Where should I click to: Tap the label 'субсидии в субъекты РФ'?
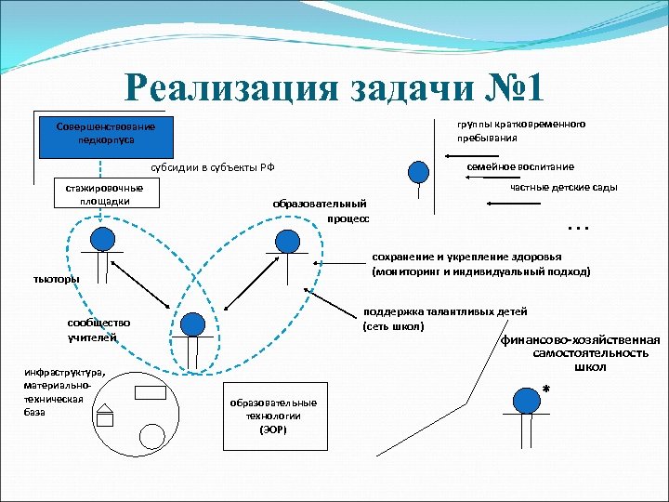(213, 167)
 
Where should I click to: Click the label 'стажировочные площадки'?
(104, 193)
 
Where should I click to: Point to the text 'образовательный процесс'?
(320, 211)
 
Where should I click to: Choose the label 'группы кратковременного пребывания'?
(519, 131)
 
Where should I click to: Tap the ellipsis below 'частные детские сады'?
(578, 226)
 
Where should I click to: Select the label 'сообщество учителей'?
(98, 330)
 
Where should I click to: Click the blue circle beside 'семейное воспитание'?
(420, 171)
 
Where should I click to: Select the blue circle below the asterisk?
(527, 400)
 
